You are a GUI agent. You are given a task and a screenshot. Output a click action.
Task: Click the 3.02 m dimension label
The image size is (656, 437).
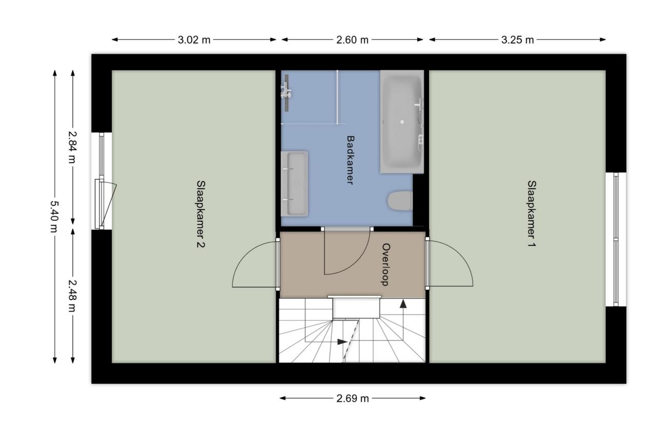(194, 40)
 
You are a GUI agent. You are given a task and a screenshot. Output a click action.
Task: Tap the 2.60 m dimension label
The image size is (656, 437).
(352, 40)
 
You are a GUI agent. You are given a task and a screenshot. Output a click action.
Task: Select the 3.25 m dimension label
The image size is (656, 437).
(517, 40)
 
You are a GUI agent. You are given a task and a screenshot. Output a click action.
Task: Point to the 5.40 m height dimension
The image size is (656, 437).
(54, 217)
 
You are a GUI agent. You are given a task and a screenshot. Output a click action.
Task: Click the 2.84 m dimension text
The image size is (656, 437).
(72, 147)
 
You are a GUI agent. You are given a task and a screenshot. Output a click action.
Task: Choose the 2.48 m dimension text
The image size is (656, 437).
(72, 296)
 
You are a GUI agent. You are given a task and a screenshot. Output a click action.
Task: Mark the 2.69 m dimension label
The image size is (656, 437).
(352, 399)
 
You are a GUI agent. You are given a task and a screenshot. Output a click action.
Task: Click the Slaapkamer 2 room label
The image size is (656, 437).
(200, 214)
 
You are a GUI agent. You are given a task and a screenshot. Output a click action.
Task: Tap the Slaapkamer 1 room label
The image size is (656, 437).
(531, 214)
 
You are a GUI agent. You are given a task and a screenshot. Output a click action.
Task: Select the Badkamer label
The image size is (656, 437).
(350, 160)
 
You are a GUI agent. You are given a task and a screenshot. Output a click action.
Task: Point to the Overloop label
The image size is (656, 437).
(386, 264)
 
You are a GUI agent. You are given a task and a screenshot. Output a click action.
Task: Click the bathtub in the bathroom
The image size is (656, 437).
(402, 122)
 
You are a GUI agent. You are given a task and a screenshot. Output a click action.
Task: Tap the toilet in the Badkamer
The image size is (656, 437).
(400, 200)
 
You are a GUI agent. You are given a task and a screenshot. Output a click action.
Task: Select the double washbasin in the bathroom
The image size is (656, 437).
(294, 184)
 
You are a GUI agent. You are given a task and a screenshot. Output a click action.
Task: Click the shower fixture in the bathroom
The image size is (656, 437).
(286, 93)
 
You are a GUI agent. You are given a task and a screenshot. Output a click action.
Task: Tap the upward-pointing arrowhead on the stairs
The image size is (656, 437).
(403, 304)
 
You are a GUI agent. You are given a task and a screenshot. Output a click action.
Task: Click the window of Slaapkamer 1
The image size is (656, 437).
(616, 239)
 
